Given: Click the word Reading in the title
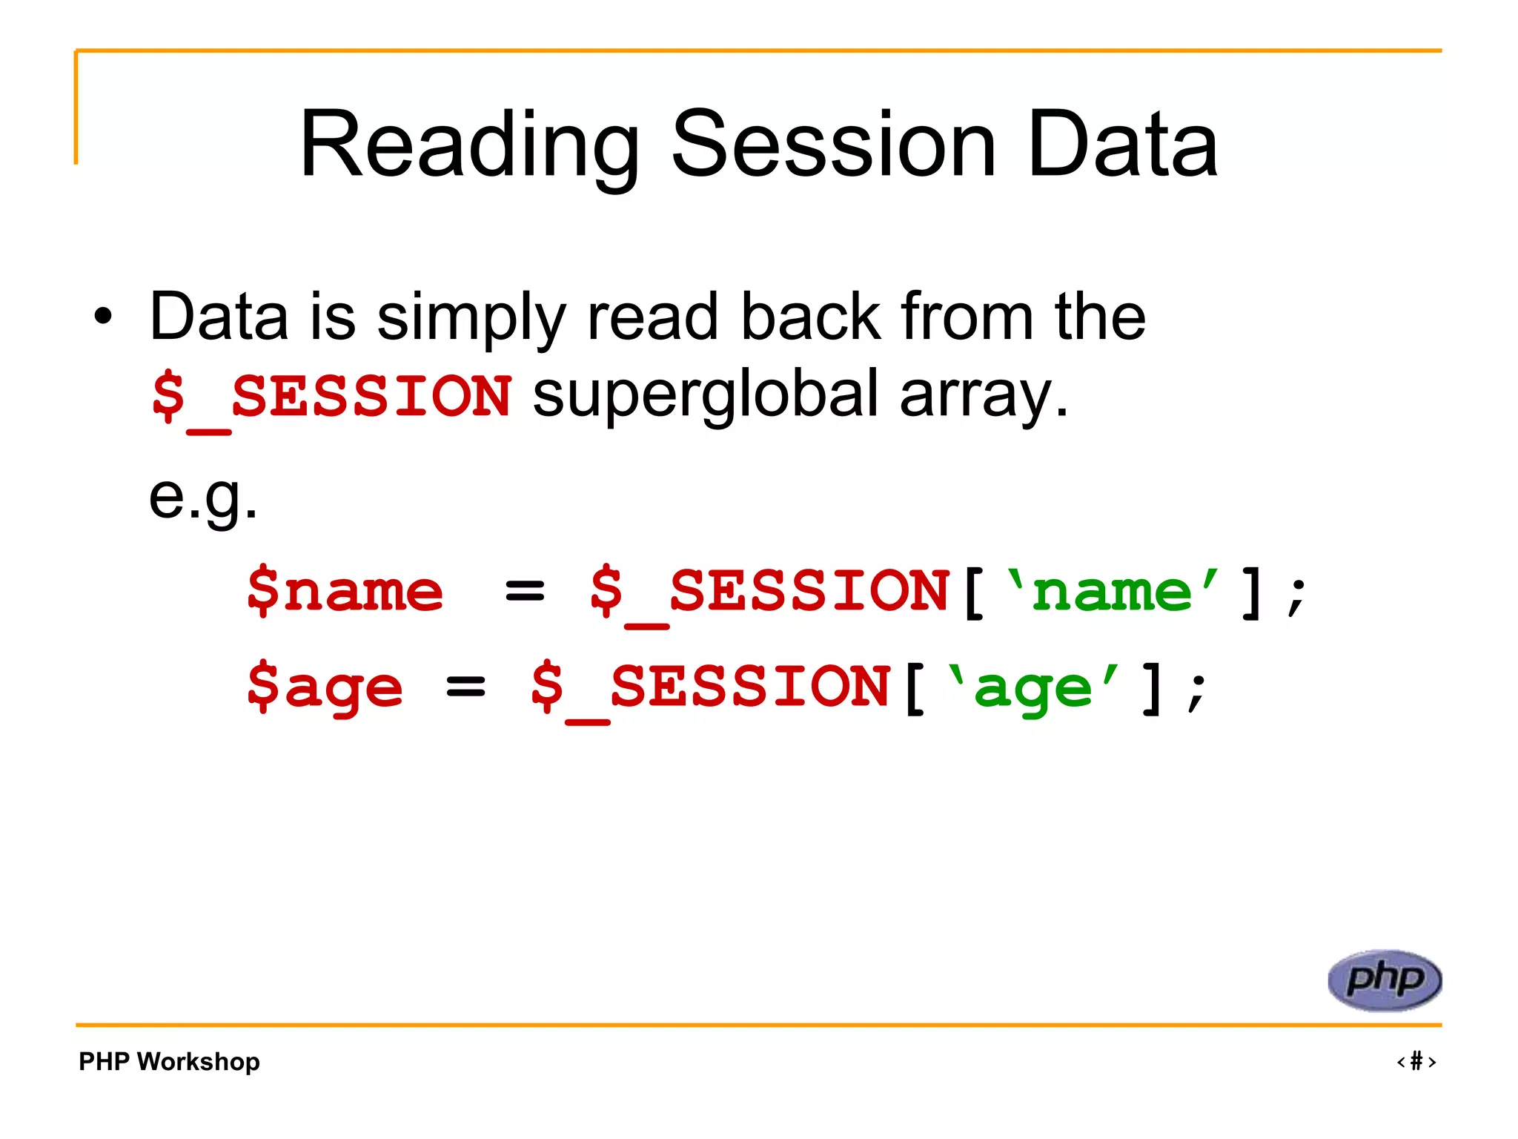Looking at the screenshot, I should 469,145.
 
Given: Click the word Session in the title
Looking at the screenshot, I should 833,145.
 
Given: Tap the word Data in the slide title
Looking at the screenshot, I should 1122,145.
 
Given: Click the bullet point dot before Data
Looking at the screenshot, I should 104,317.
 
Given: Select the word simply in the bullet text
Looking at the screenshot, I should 471,319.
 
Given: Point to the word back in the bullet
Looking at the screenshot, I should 811,317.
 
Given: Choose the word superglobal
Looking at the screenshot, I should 705,395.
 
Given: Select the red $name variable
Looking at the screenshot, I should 345,591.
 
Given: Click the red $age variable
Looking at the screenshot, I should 325,687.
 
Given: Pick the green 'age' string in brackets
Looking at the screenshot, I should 1033,687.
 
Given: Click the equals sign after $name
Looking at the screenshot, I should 524,592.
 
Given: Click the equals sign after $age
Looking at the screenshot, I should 465,687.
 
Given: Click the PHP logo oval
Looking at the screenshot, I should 1384,980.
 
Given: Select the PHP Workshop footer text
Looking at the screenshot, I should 169,1061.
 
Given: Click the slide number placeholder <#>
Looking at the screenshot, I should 1416,1061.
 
